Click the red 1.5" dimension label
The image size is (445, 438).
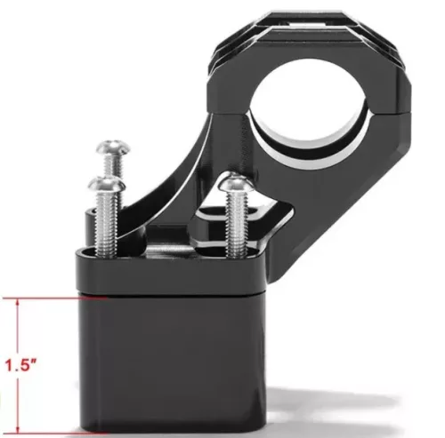tap(20, 365)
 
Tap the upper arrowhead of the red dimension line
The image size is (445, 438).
tap(18, 302)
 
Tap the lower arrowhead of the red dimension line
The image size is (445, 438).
tap(18, 429)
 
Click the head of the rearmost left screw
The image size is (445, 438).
tap(113, 147)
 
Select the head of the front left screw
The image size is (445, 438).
tap(107, 184)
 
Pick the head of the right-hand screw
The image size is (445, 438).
tap(237, 183)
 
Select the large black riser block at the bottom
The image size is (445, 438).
tap(172, 364)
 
